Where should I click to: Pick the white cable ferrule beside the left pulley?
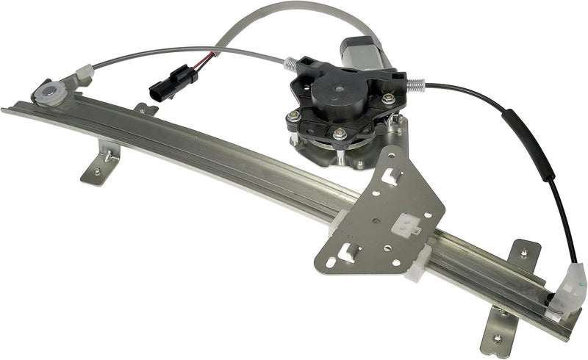click(x=83, y=73)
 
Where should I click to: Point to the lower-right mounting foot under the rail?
click(x=501, y=336)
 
